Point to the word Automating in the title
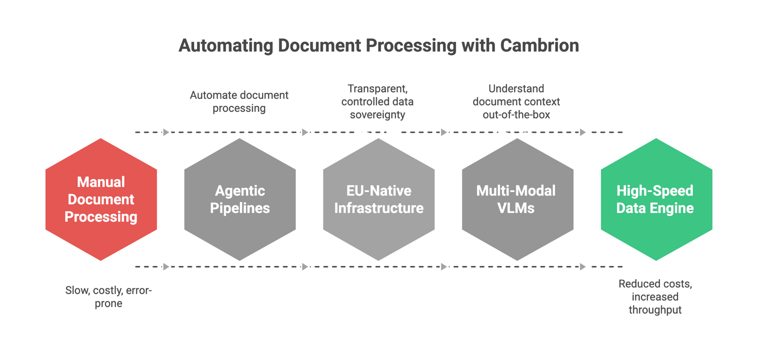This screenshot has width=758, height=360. tap(226, 46)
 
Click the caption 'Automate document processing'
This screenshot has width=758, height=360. tap(239, 101)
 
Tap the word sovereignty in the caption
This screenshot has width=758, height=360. tap(378, 115)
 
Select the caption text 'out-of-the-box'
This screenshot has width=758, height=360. tap(516, 115)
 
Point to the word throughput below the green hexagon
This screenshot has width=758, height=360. tap(655, 310)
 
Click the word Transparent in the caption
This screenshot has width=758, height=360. tap(378, 88)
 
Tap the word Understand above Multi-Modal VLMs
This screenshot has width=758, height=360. tap(516, 88)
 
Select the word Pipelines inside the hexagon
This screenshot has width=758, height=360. tap(240, 208)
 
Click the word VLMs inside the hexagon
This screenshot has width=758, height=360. tap(516, 208)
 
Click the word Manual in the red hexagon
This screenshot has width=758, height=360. tap(101, 182)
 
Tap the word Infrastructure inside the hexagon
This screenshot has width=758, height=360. tap(379, 208)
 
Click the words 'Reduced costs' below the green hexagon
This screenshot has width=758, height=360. tap(655, 284)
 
